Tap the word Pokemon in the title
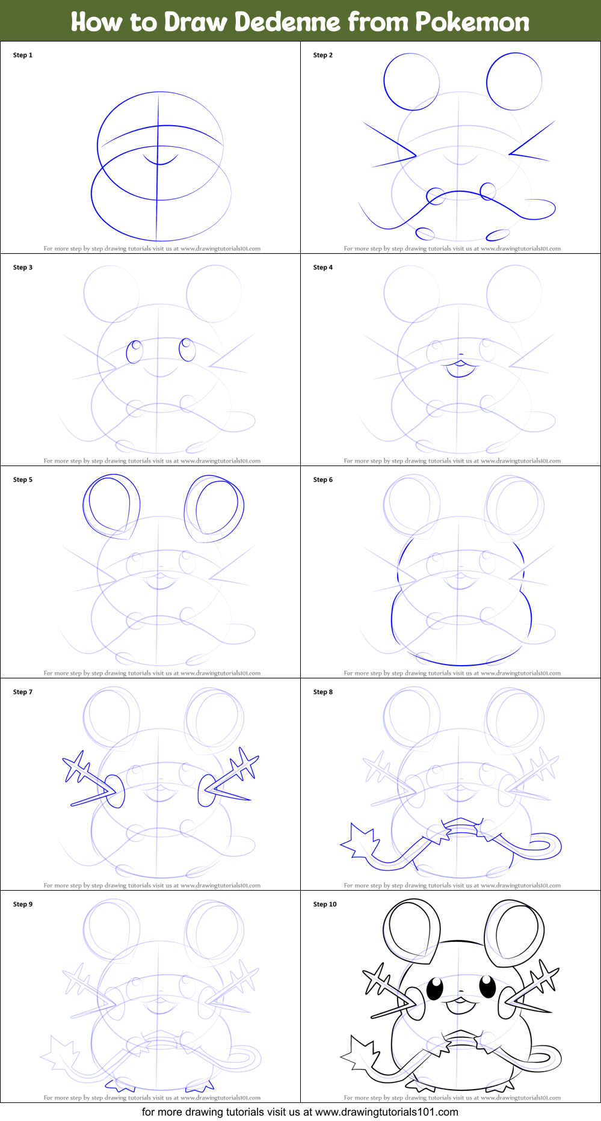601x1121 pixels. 472,22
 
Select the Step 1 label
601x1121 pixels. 23,55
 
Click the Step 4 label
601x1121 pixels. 323,268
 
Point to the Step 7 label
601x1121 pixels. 23,692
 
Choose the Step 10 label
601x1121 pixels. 325,904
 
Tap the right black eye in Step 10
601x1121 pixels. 488,986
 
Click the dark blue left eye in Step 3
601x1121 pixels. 135,352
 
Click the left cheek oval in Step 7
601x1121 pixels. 115,791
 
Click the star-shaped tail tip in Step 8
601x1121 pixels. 360,840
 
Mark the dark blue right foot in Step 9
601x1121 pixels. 200,1086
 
